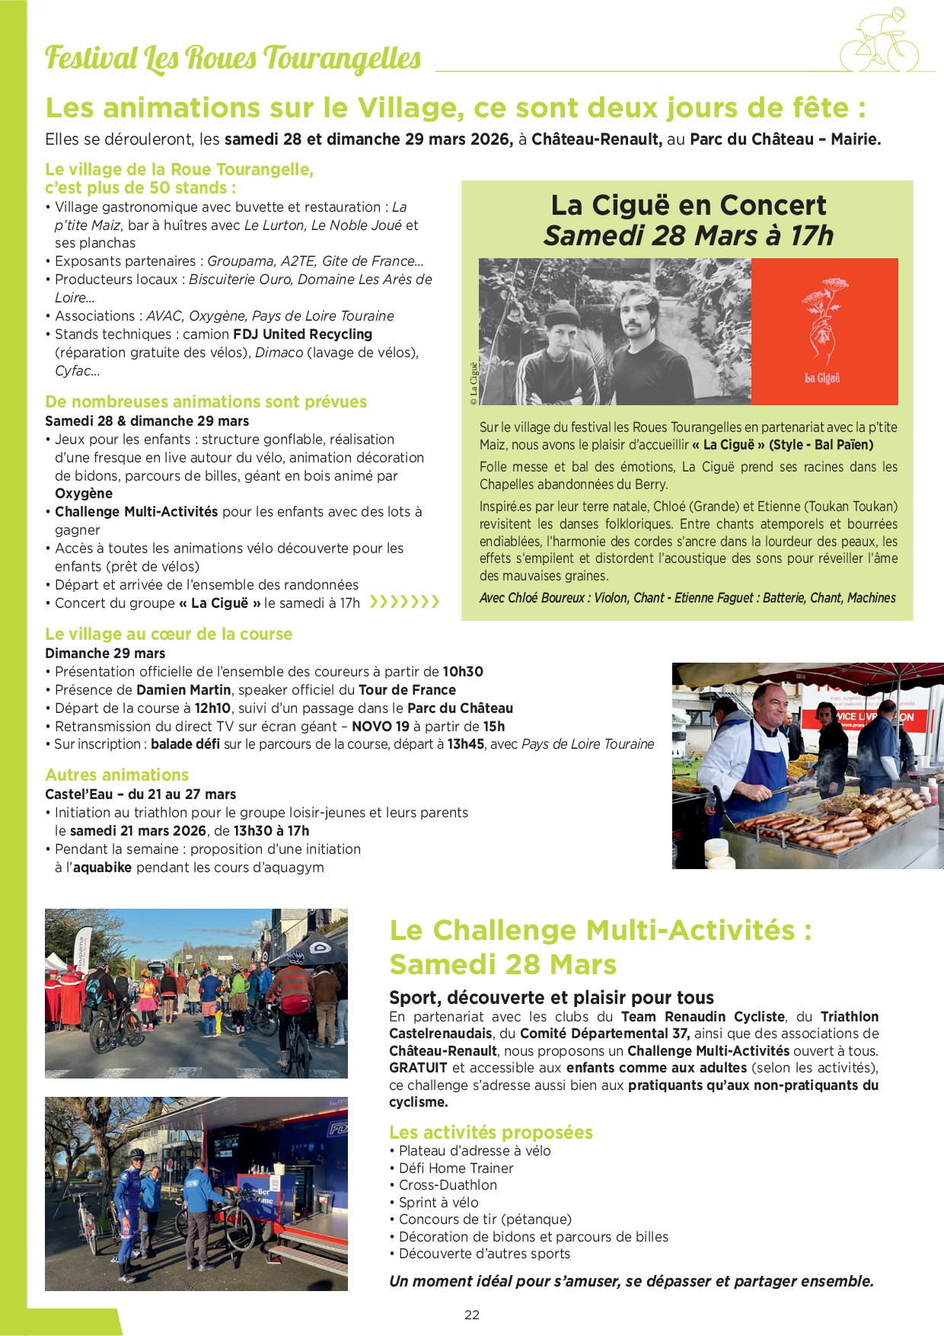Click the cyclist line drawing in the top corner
(x=880, y=42)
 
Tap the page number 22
(x=472, y=1315)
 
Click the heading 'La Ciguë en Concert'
(x=688, y=206)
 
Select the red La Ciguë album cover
(x=824, y=331)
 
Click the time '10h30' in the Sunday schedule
(x=463, y=672)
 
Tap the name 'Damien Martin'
(x=183, y=690)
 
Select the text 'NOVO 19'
(x=381, y=727)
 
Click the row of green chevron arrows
(x=404, y=602)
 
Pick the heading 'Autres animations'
(x=116, y=775)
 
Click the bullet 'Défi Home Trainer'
(x=455, y=1168)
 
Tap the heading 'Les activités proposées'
(x=490, y=1133)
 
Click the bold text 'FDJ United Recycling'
(x=302, y=334)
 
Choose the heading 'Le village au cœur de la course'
(x=168, y=634)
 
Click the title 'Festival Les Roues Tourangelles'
(x=233, y=59)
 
